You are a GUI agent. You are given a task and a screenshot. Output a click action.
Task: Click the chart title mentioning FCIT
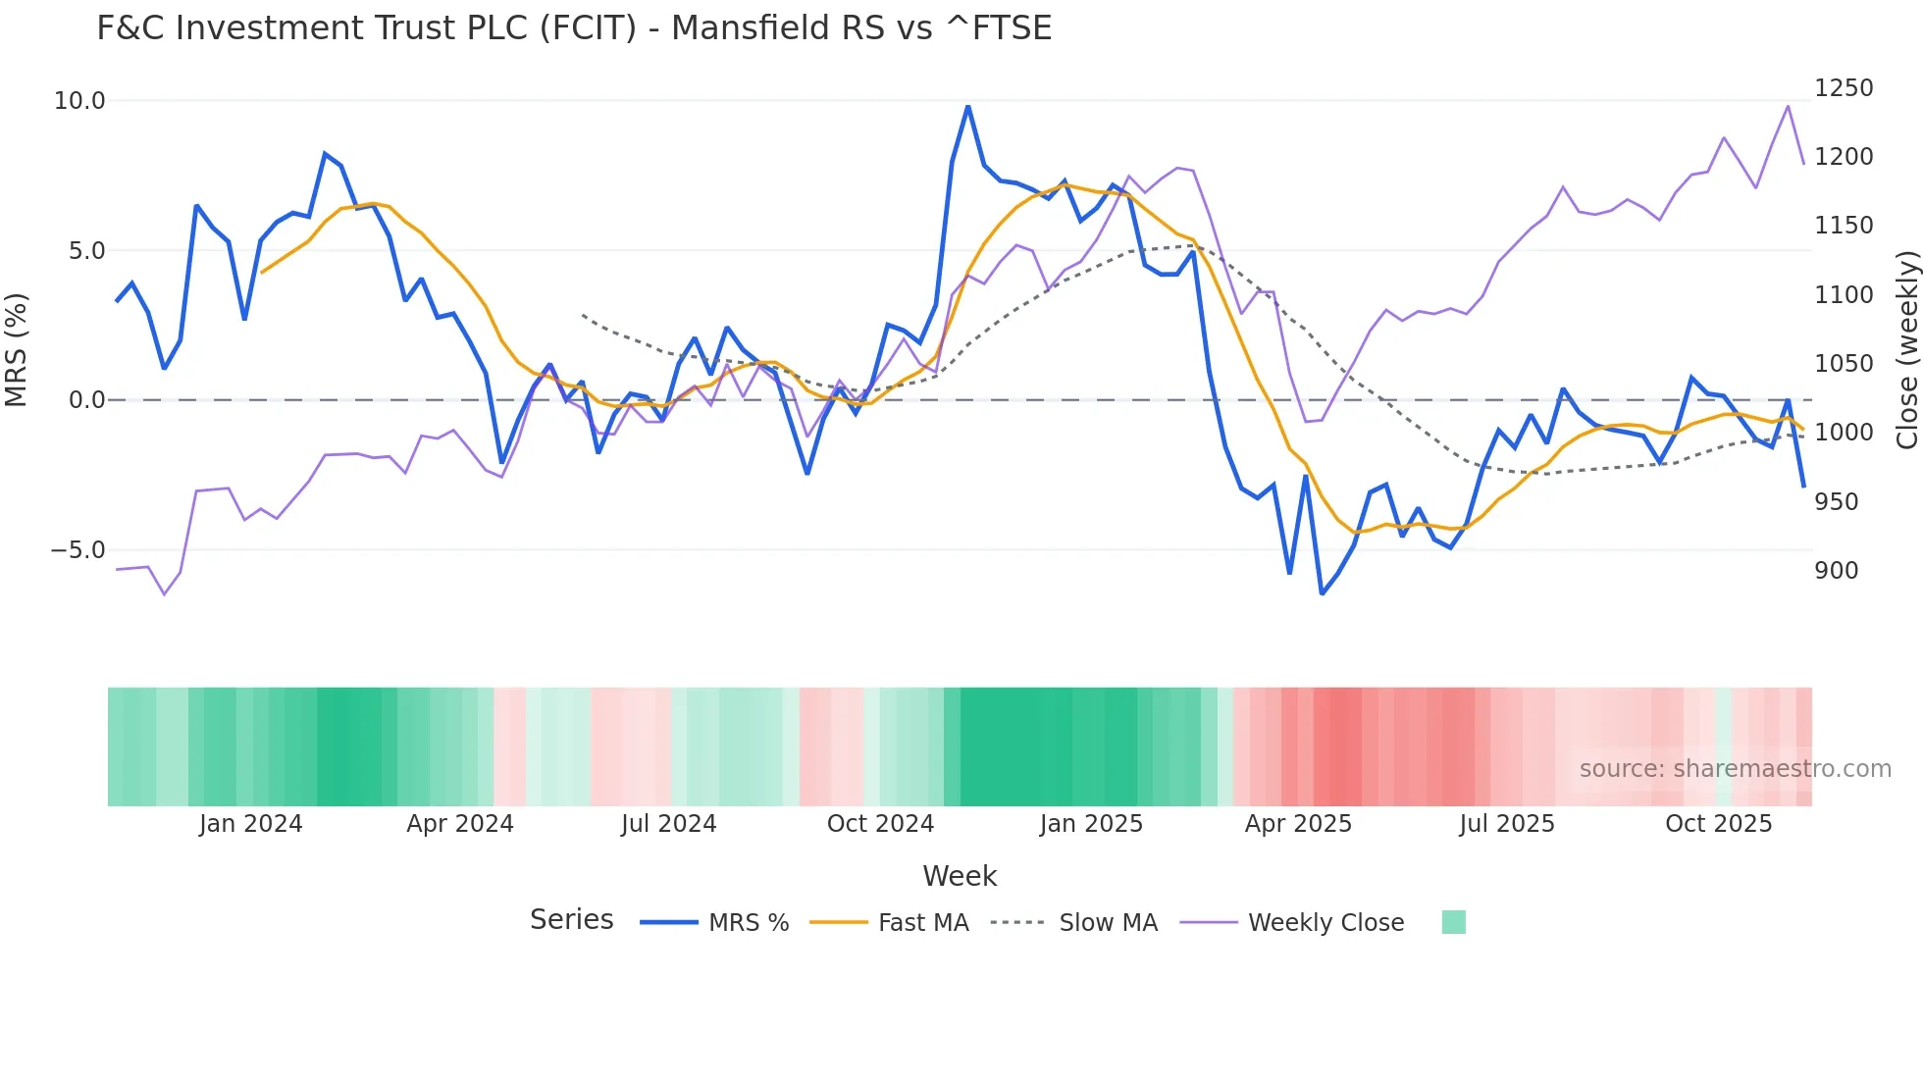[x=574, y=28]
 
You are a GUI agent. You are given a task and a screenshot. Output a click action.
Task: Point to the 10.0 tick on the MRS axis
[x=79, y=101]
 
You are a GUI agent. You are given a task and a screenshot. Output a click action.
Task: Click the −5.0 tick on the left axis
[x=78, y=550]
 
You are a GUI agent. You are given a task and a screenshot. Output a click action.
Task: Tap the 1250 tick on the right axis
[x=1843, y=88]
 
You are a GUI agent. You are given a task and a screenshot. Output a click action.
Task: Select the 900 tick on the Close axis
[x=1836, y=571]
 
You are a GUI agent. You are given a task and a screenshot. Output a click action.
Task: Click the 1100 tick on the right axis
[x=1843, y=295]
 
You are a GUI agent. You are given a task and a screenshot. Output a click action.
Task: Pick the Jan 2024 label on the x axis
[x=250, y=824]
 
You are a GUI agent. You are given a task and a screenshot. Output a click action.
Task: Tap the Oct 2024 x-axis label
[x=880, y=824]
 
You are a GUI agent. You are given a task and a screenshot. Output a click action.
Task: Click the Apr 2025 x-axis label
[x=1298, y=824]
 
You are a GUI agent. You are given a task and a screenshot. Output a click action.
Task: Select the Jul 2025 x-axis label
[x=1507, y=824]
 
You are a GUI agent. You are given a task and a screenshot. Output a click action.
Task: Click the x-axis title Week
[x=960, y=876]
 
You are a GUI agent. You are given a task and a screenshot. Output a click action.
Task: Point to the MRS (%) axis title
[x=17, y=349]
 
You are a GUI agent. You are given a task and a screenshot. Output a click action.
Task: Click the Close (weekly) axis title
[x=1906, y=349]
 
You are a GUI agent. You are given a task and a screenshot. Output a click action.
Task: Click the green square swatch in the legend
[x=1453, y=922]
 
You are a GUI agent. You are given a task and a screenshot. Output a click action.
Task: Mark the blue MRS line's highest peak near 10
[x=967, y=106]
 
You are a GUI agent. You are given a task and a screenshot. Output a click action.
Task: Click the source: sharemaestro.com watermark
[x=1735, y=769]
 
